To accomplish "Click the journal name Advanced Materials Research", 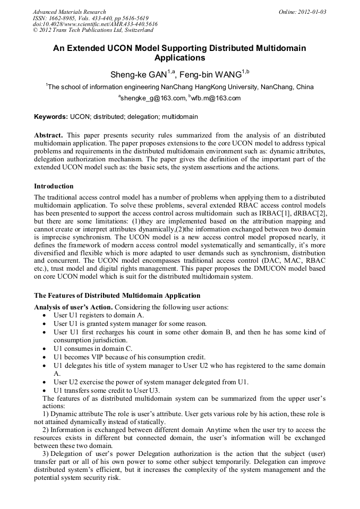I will click(x=69, y=12).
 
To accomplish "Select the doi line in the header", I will click(x=95, y=24).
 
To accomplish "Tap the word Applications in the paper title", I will click(x=179, y=57).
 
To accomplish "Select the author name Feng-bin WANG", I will click(x=211, y=75).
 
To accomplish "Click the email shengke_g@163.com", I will click(x=152, y=98).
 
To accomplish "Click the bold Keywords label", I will click(x=50, y=116).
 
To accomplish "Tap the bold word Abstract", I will click(x=48, y=135).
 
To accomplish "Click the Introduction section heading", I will click(x=54, y=186).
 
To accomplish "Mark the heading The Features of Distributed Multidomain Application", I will click(x=117, y=295).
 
